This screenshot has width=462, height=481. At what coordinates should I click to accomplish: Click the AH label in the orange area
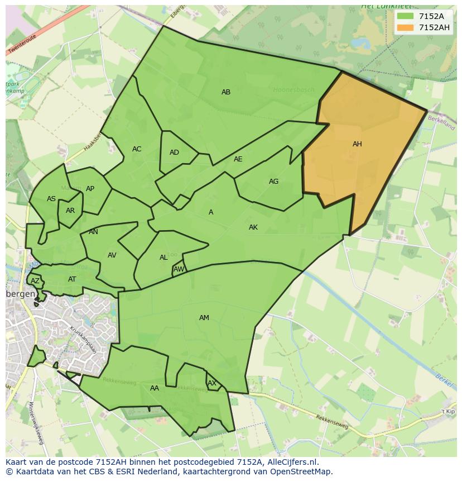[357, 144]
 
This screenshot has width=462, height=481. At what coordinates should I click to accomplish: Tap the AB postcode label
[226, 92]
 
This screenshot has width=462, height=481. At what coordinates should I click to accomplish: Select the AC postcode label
[137, 149]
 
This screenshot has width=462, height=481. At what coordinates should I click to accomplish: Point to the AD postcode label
[174, 153]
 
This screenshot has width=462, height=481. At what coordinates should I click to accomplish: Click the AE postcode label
[238, 159]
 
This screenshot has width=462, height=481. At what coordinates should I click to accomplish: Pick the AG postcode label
[273, 182]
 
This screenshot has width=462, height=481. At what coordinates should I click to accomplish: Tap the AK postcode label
[253, 227]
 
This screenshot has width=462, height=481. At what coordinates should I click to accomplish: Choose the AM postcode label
[204, 318]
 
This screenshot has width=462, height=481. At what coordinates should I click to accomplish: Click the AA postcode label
[155, 388]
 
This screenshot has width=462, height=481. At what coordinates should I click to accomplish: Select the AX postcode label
[212, 383]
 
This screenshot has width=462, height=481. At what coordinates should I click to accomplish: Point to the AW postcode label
[179, 269]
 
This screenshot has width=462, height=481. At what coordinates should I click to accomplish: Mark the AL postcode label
[163, 258]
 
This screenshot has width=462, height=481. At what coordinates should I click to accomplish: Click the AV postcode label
[112, 255]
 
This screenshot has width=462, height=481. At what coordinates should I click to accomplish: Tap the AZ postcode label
[35, 281]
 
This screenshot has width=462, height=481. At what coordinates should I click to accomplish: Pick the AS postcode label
[51, 199]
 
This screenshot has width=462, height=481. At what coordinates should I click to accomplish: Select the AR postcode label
[70, 211]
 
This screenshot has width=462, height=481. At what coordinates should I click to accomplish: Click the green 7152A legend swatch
[405, 16]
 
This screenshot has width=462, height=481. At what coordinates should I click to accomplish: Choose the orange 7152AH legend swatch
[405, 27]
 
